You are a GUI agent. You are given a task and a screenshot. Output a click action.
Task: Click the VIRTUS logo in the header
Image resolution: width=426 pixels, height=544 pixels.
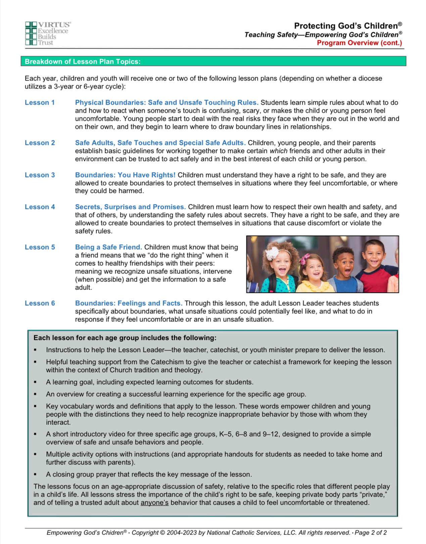tap(48, 33)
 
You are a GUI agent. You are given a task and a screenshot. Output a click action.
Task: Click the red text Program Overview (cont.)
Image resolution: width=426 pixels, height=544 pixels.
tap(359, 43)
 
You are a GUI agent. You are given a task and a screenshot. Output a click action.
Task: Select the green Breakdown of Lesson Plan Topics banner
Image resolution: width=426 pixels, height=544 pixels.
tap(213, 61)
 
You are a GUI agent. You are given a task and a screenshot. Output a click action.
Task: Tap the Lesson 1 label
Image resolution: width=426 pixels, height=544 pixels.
tap(40, 103)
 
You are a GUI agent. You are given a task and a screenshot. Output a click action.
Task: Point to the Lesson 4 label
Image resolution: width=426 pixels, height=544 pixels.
tap(40, 207)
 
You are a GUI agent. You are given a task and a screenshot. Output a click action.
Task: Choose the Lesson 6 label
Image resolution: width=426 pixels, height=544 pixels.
tap(40, 303)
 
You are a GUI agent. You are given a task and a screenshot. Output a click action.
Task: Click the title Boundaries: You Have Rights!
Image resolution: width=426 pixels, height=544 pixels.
tap(125, 175)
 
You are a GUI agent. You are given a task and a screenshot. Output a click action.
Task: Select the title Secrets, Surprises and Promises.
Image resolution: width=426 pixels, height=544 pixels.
tap(130, 207)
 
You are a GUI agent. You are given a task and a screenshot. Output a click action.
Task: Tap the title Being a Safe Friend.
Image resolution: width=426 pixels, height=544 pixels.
tap(108, 247)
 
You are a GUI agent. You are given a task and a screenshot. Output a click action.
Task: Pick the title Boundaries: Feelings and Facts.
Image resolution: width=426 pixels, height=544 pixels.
tap(129, 303)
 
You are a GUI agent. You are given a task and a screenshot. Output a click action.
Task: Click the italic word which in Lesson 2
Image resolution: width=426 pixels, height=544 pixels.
tap(278, 151)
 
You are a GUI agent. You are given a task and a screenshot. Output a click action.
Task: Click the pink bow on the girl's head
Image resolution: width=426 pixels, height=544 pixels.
tap(306, 258)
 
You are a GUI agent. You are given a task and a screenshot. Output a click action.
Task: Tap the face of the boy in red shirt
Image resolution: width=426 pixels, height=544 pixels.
tap(373, 255)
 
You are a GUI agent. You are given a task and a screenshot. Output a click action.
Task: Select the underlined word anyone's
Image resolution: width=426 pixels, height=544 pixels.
tap(154, 503)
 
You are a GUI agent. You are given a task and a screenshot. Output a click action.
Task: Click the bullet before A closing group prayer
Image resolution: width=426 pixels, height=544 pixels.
tap(35, 475)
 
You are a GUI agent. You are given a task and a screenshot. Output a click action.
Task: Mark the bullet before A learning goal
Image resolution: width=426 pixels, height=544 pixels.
tap(35, 382)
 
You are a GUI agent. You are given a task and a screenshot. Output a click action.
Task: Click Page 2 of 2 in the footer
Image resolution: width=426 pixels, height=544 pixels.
tap(371, 533)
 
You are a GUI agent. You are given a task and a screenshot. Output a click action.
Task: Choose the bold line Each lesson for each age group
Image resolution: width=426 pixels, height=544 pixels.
tap(125, 338)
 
